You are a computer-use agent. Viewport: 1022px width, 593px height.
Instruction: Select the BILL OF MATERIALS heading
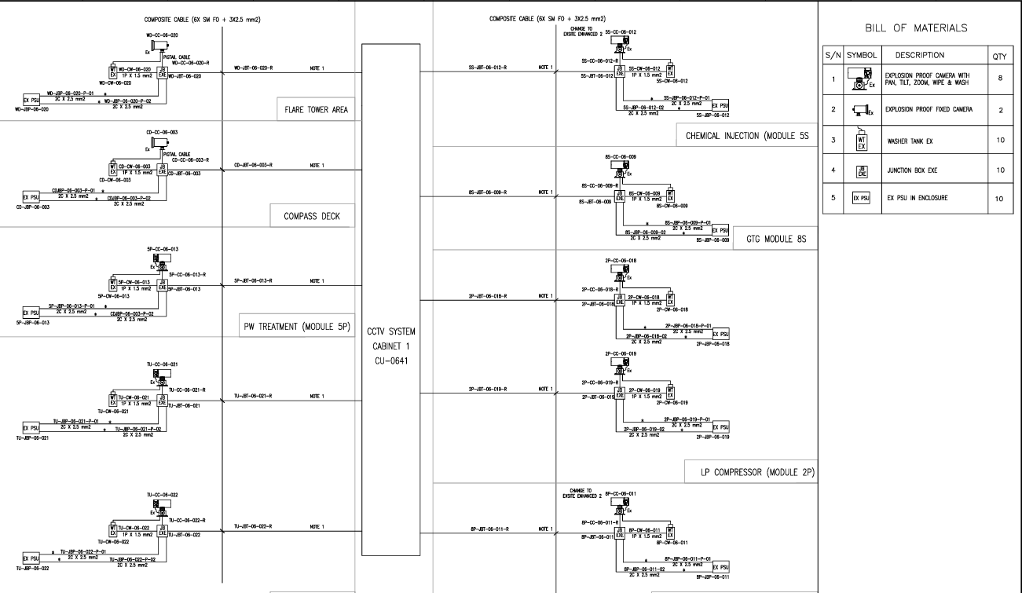[x=920, y=27]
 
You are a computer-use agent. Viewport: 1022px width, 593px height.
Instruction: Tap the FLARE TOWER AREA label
[x=313, y=110]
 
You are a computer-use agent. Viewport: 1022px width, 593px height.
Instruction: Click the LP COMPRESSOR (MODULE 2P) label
[x=758, y=472]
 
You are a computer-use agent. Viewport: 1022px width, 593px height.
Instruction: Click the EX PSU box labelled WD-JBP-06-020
[x=32, y=101]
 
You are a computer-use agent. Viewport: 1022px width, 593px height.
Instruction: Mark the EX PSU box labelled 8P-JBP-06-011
[x=720, y=568]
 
